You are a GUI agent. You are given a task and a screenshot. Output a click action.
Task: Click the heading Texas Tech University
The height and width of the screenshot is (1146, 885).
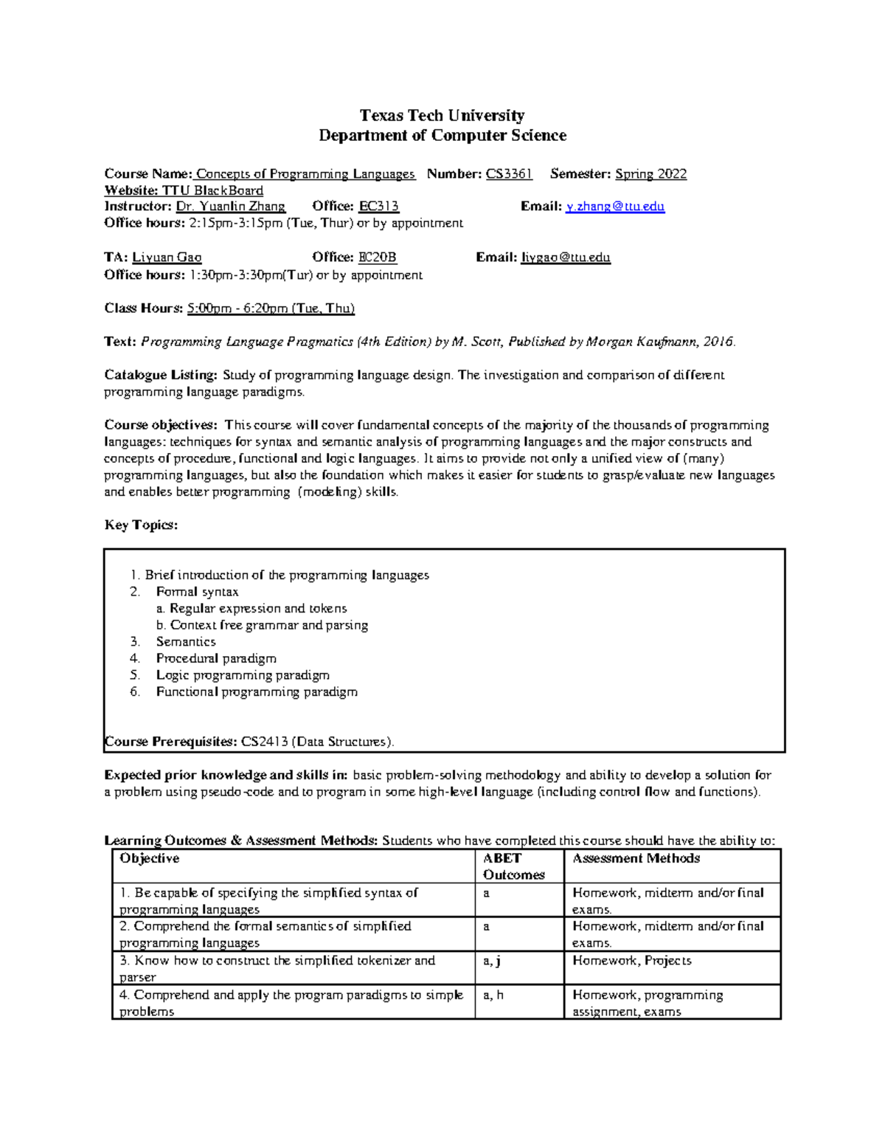tap(442, 115)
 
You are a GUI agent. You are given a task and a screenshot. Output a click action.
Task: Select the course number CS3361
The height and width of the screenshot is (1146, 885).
tap(509, 174)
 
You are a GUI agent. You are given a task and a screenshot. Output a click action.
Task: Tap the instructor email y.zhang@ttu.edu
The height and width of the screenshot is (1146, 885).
tap(615, 207)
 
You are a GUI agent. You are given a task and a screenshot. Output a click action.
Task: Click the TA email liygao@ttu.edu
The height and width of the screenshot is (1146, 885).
tap(566, 258)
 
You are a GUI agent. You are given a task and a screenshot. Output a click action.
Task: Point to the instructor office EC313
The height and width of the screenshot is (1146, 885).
tap(378, 207)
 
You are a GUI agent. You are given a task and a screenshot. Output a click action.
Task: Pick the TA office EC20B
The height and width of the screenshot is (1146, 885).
tap(377, 258)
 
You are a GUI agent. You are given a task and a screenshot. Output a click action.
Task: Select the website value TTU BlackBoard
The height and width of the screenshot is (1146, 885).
tap(212, 190)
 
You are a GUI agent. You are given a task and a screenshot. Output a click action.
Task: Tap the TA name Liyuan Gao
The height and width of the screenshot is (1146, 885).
tap(167, 258)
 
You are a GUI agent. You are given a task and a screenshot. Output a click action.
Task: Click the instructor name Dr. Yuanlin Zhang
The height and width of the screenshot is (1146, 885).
tap(230, 207)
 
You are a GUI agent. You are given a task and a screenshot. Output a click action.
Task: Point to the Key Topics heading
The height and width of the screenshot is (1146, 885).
tap(141, 525)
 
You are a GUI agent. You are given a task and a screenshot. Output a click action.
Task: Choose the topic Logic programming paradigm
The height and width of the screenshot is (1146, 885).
tap(243, 675)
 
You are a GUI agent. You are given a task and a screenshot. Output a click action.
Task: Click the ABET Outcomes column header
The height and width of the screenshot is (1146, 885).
tap(513, 866)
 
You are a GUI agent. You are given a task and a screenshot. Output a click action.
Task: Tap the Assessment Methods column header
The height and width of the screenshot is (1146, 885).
tap(636, 858)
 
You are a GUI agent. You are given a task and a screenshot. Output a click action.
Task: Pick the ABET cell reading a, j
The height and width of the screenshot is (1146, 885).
tap(492, 961)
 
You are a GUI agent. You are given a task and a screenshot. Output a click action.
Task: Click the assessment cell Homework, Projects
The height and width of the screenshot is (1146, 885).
tap(632, 961)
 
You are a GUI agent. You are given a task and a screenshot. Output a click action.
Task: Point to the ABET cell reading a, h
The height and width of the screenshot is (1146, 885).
tap(493, 995)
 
